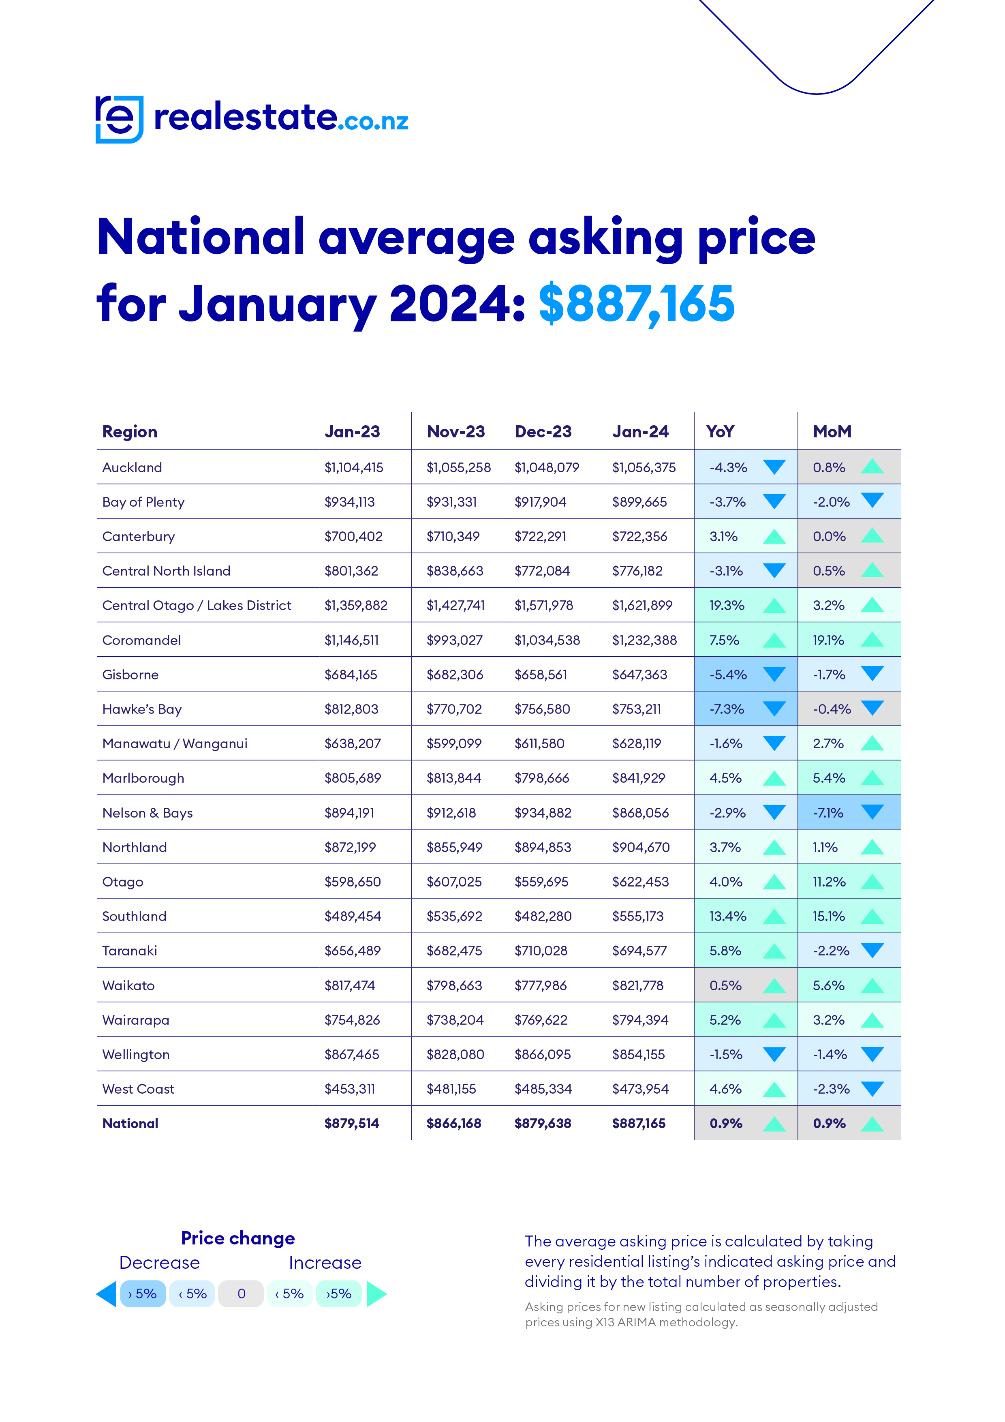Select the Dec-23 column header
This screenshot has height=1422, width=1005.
tap(543, 432)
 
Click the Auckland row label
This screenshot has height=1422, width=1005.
tap(132, 468)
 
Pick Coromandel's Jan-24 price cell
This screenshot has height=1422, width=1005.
tap(644, 640)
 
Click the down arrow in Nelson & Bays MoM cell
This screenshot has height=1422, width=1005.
tap(872, 812)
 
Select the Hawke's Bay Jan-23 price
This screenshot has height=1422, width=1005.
tap(351, 709)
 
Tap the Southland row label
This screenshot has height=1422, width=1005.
tap(135, 917)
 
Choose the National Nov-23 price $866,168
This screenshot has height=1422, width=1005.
tap(453, 1124)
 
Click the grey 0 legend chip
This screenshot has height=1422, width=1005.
tap(242, 1294)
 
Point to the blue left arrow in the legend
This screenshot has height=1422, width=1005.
tap(107, 1294)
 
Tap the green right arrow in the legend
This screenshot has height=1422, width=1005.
tap(376, 1294)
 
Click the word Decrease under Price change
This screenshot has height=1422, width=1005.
tap(160, 1263)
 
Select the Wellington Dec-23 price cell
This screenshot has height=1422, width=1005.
tap(543, 1055)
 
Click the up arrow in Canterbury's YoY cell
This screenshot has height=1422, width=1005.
tap(774, 536)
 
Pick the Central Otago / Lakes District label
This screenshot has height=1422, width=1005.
tap(196, 606)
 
